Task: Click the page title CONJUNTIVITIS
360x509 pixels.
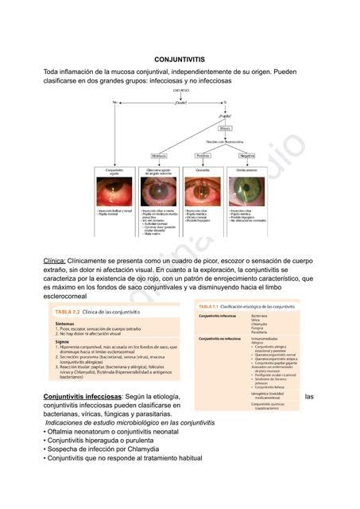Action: tap(179, 60)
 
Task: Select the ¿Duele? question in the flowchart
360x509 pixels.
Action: tap(180, 102)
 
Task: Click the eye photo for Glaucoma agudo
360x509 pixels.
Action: tap(158, 192)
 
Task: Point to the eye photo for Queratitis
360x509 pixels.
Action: tap(203, 192)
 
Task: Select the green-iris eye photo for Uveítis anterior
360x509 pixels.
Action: tap(247, 192)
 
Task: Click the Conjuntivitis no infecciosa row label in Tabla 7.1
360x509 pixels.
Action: tap(219, 339)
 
